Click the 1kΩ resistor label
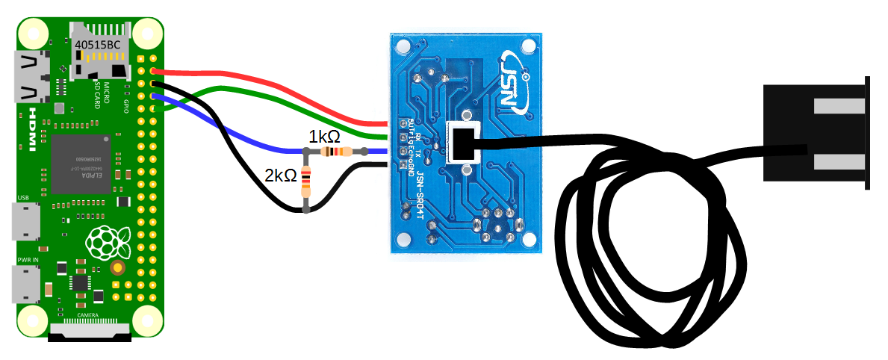tap(325, 137)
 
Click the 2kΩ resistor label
tap(280, 176)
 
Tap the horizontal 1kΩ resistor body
tap(334, 152)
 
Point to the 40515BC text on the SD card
tap(97, 45)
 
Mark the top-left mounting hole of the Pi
tap(32, 32)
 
